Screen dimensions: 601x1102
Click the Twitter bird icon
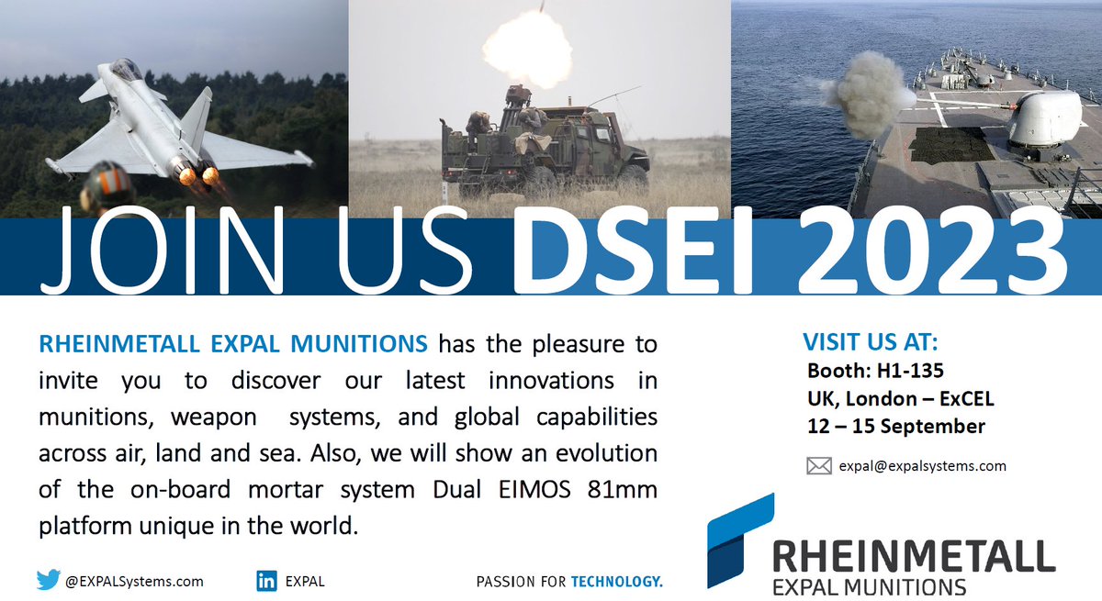tap(48, 580)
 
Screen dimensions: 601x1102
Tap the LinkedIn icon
tap(267, 581)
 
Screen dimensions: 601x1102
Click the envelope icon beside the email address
tap(818, 466)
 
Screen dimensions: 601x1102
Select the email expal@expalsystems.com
tap(922, 466)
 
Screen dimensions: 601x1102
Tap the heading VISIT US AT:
tap(871, 343)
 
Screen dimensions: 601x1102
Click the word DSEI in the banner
tap(624, 250)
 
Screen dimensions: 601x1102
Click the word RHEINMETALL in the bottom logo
tap(913, 557)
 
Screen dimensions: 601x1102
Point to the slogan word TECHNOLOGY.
tap(616, 581)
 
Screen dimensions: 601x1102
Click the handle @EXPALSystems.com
tap(134, 581)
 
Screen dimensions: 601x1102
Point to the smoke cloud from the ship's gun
tap(866, 92)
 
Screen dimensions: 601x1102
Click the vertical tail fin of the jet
tap(197, 115)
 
